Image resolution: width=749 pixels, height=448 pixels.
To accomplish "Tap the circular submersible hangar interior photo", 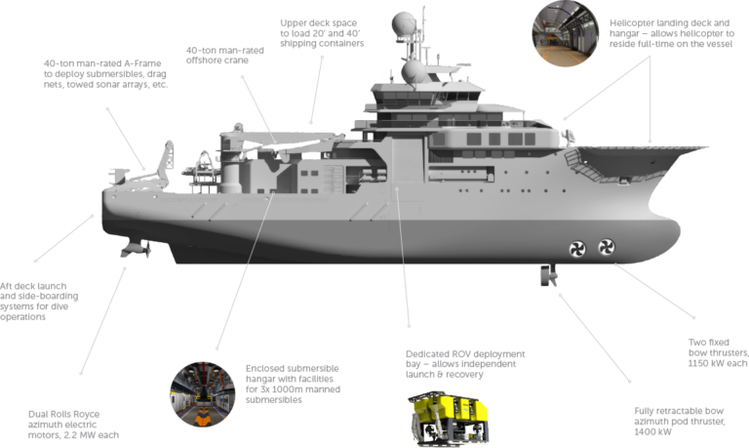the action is [x=203, y=394].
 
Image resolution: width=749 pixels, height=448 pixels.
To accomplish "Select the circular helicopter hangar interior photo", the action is [x=565, y=33].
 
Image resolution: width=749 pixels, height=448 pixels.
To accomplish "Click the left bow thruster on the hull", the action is [x=577, y=249].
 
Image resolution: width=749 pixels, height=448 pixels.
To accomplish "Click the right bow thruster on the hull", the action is [x=607, y=247].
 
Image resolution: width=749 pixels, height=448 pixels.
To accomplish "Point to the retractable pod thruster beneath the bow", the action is [x=548, y=275].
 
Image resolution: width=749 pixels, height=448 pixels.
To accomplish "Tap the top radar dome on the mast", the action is [x=404, y=23].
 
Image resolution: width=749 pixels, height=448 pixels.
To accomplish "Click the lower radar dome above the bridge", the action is [x=414, y=72].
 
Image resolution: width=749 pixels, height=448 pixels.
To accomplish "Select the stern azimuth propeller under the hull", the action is [x=137, y=248].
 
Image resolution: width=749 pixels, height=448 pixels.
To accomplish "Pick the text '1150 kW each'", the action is [x=718, y=363].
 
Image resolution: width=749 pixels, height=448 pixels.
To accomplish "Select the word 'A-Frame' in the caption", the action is [x=142, y=63].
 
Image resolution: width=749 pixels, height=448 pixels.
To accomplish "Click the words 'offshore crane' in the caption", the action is [x=217, y=61].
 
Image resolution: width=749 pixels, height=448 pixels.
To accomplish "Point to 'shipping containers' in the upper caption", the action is [x=322, y=44].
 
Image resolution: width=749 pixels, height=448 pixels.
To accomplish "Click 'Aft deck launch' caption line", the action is [x=33, y=286].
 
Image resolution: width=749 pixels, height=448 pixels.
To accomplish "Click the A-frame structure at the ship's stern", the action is [x=163, y=165].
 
